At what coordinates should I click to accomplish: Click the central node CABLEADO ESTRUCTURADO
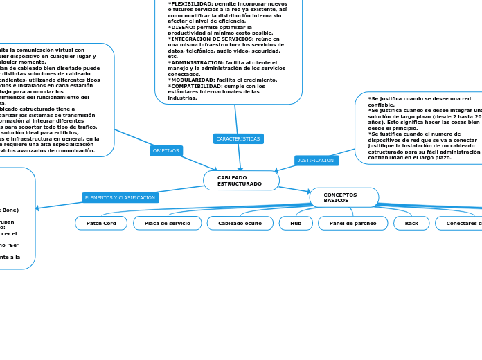pos(241,181)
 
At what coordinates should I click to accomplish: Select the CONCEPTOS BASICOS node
pos(343,197)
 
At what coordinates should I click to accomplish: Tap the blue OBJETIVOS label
pos(166,150)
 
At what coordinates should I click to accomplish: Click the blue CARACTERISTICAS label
pos(238,138)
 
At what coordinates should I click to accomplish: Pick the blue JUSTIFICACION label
pos(316,160)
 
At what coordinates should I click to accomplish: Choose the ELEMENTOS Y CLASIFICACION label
pos(120,197)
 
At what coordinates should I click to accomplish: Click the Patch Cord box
pos(101,223)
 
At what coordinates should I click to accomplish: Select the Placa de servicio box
pos(167,223)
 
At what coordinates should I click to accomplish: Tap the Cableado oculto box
pos(240,223)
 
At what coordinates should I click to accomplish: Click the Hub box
pos(296,223)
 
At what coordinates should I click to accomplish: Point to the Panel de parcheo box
pos(352,223)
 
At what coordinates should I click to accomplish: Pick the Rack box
pos(411,223)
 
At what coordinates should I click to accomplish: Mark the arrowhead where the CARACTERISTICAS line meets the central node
pos(240,169)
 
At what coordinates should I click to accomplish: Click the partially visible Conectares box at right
pos(460,223)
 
